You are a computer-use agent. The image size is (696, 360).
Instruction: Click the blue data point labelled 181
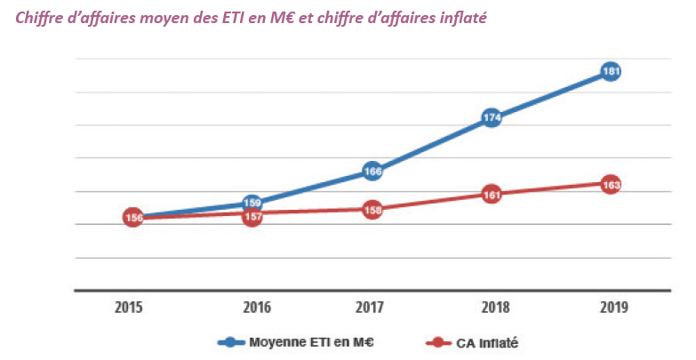pyautogui.click(x=610, y=71)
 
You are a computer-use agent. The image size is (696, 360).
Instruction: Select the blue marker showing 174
pyautogui.click(x=491, y=116)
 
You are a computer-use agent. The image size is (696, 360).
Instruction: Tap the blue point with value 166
pyautogui.click(x=372, y=171)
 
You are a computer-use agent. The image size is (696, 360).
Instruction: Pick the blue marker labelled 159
pyautogui.click(x=252, y=203)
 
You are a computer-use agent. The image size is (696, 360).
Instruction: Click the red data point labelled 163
pyautogui.click(x=610, y=185)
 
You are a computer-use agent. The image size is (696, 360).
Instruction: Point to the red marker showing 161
pyautogui.click(x=491, y=193)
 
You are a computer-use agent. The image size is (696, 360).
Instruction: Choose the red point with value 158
pyautogui.click(x=372, y=210)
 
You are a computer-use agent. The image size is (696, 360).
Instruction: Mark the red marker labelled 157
pyautogui.click(x=252, y=216)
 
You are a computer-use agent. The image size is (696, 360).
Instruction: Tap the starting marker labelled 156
pyautogui.click(x=133, y=217)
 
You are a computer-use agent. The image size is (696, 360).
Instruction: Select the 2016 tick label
pyautogui.click(x=252, y=308)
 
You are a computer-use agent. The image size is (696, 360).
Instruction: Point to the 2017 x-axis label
pyautogui.click(x=372, y=308)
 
